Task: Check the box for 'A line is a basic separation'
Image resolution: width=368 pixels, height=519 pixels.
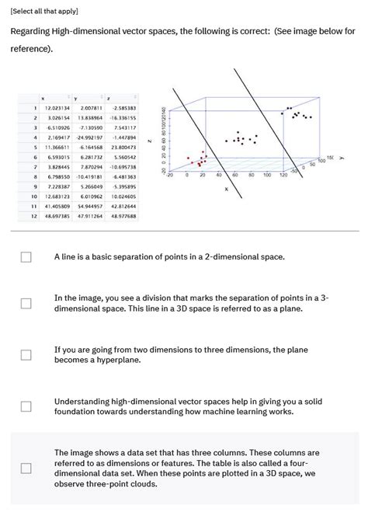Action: [x=26, y=256]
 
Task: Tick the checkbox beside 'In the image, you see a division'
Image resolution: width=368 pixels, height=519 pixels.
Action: [x=26, y=303]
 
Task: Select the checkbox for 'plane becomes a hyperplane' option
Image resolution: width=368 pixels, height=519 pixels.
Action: [x=26, y=355]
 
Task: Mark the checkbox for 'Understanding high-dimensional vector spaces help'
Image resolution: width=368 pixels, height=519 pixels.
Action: [x=26, y=406]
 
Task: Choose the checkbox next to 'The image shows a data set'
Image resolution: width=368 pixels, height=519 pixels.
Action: [x=26, y=468]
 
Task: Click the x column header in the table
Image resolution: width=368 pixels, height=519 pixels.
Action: [x=42, y=98]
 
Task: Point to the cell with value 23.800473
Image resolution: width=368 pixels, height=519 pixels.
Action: [x=123, y=147]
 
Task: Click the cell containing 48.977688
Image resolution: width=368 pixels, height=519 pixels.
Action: [x=123, y=217]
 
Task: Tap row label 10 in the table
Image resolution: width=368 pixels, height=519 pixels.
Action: [x=33, y=197]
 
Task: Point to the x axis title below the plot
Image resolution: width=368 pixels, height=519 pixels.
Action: [x=227, y=189]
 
